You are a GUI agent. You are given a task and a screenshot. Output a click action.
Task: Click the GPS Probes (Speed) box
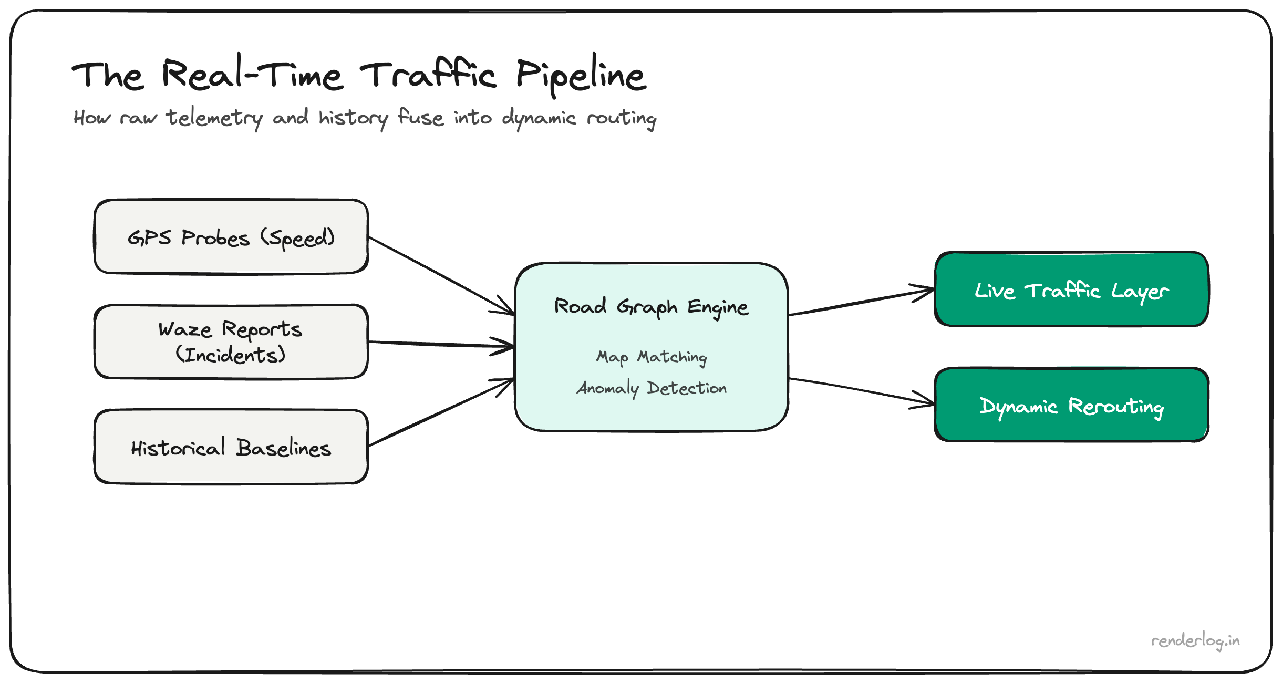tap(231, 237)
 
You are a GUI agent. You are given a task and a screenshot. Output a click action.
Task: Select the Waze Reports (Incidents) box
tap(231, 341)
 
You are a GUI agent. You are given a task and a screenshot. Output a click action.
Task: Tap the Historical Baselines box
tap(231, 447)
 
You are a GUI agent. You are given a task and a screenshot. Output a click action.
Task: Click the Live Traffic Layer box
tap(1072, 289)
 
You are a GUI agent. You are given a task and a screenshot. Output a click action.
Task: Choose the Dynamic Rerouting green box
tap(1072, 405)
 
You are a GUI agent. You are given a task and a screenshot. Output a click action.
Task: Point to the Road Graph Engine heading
tap(652, 306)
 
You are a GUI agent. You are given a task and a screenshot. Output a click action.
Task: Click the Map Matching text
tap(652, 357)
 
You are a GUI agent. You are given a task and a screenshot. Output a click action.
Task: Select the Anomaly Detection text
tap(652, 388)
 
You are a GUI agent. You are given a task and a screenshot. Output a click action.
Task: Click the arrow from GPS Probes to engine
tap(441, 276)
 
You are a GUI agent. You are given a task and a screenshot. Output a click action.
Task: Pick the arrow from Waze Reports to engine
tap(441, 344)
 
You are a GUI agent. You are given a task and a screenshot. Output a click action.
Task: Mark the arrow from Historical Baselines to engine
tap(441, 412)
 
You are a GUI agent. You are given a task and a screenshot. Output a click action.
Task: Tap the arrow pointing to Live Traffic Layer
tap(862, 302)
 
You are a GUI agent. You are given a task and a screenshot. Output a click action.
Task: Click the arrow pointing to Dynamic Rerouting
tap(862, 390)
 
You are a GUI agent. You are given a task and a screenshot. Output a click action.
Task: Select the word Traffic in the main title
tap(428, 75)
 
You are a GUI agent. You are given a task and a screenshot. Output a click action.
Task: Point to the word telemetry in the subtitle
tap(214, 118)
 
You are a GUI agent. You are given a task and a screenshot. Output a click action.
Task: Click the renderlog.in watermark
tap(1195, 641)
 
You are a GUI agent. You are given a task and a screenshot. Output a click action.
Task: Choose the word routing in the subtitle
tap(622, 118)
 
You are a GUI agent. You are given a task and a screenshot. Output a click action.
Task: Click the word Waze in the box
tap(185, 330)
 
